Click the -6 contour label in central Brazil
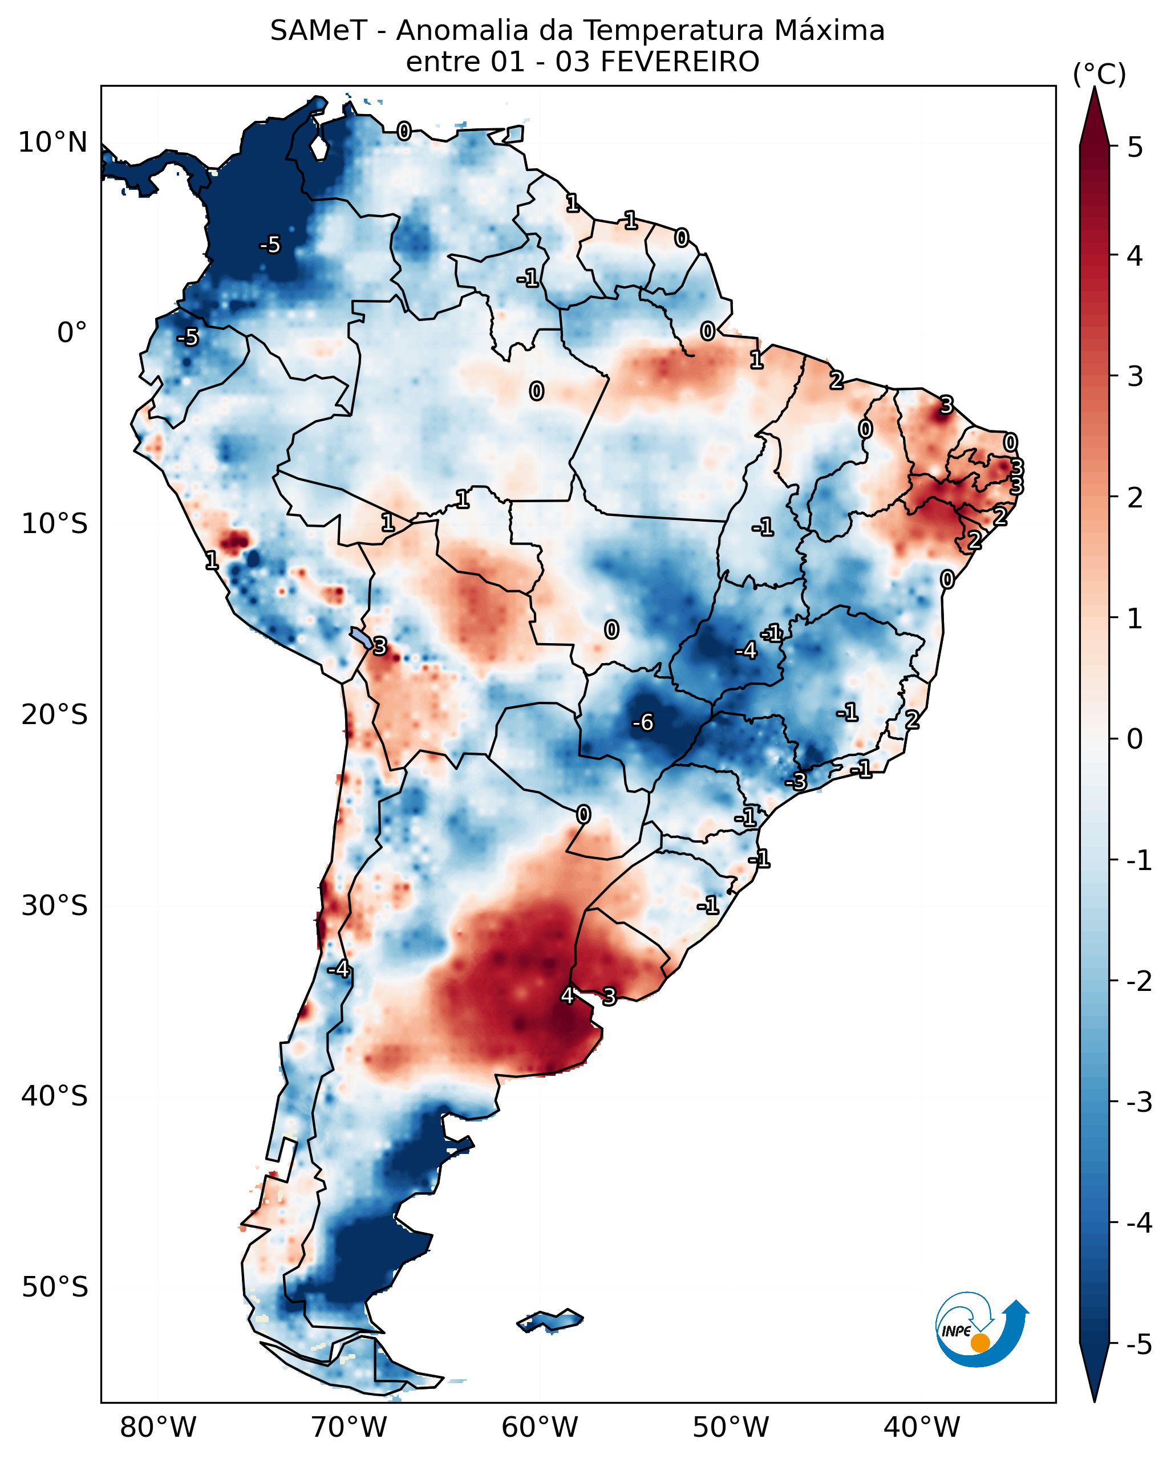tap(643, 723)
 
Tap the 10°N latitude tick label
tap(53, 143)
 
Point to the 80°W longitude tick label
tap(158, 1427)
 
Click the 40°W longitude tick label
tap(922, 1427)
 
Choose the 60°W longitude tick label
tap(540, 1427)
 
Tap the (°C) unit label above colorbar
tap(1099, 75)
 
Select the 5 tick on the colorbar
tap(1135, 147)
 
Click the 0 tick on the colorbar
tap(1135, 738)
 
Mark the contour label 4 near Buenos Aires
tap(567, 995)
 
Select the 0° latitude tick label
tap(72, 333)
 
